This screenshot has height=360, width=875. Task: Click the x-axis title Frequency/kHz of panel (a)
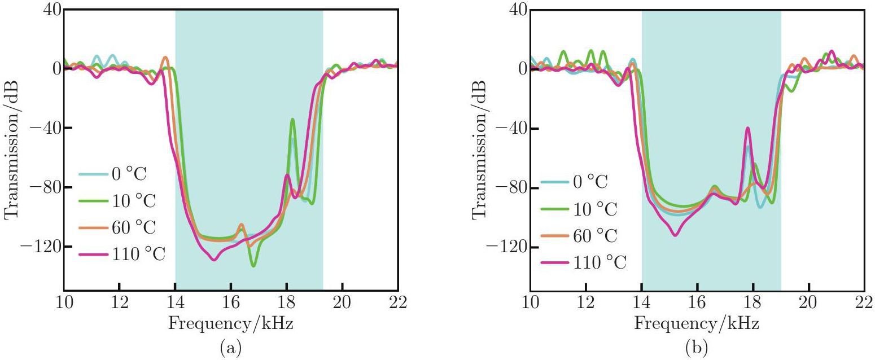[x=230, y=324]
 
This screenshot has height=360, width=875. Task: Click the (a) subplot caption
[x=230, y=349]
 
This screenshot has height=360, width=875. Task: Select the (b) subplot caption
[x=697, y=349]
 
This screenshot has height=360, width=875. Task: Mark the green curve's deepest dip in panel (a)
[x=253, y=266]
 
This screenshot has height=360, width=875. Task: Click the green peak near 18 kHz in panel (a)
[x=292, y=120]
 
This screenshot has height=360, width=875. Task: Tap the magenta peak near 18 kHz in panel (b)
[x=747, y=128]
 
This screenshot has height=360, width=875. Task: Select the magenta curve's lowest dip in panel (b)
[x=675, y=235]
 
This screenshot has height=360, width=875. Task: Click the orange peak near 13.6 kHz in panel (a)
[x=165, y=58]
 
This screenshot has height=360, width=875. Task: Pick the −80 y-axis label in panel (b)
[x=509, y=187]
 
